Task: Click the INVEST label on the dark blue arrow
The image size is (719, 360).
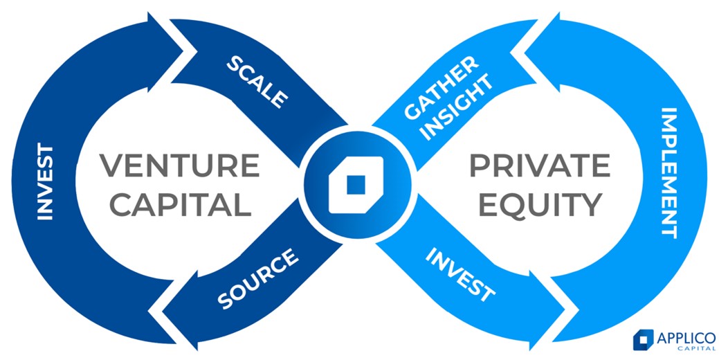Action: [x=46, y=181]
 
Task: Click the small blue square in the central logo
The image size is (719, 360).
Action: [x=356, y=184]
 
